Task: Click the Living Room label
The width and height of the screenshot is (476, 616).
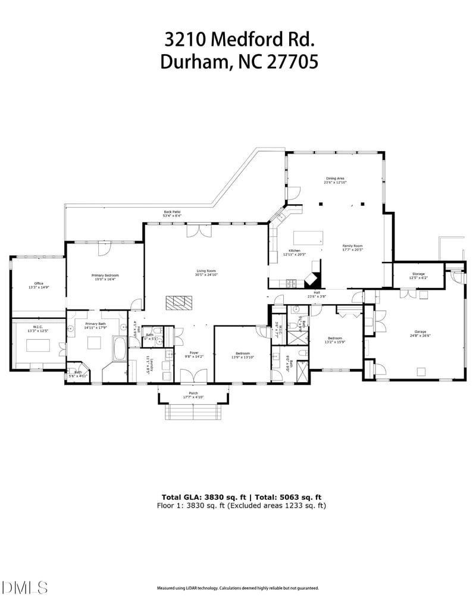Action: (206, 271)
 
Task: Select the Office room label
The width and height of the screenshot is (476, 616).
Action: (39, 283)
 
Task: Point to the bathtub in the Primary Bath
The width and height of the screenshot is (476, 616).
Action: (118, 349)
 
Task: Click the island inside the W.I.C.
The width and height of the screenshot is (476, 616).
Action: (37, 346)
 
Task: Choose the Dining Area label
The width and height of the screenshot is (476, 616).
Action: (335, 178)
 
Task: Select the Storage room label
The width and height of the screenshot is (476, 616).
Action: (418, 274)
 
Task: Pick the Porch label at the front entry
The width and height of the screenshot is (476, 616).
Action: (193, 393)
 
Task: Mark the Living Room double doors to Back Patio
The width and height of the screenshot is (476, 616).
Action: (196, 231)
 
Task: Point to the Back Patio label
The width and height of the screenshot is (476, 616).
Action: (173, 212)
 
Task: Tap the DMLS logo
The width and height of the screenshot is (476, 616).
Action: (25, 588)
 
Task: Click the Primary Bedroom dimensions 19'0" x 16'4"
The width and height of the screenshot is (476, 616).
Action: (105, 279)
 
